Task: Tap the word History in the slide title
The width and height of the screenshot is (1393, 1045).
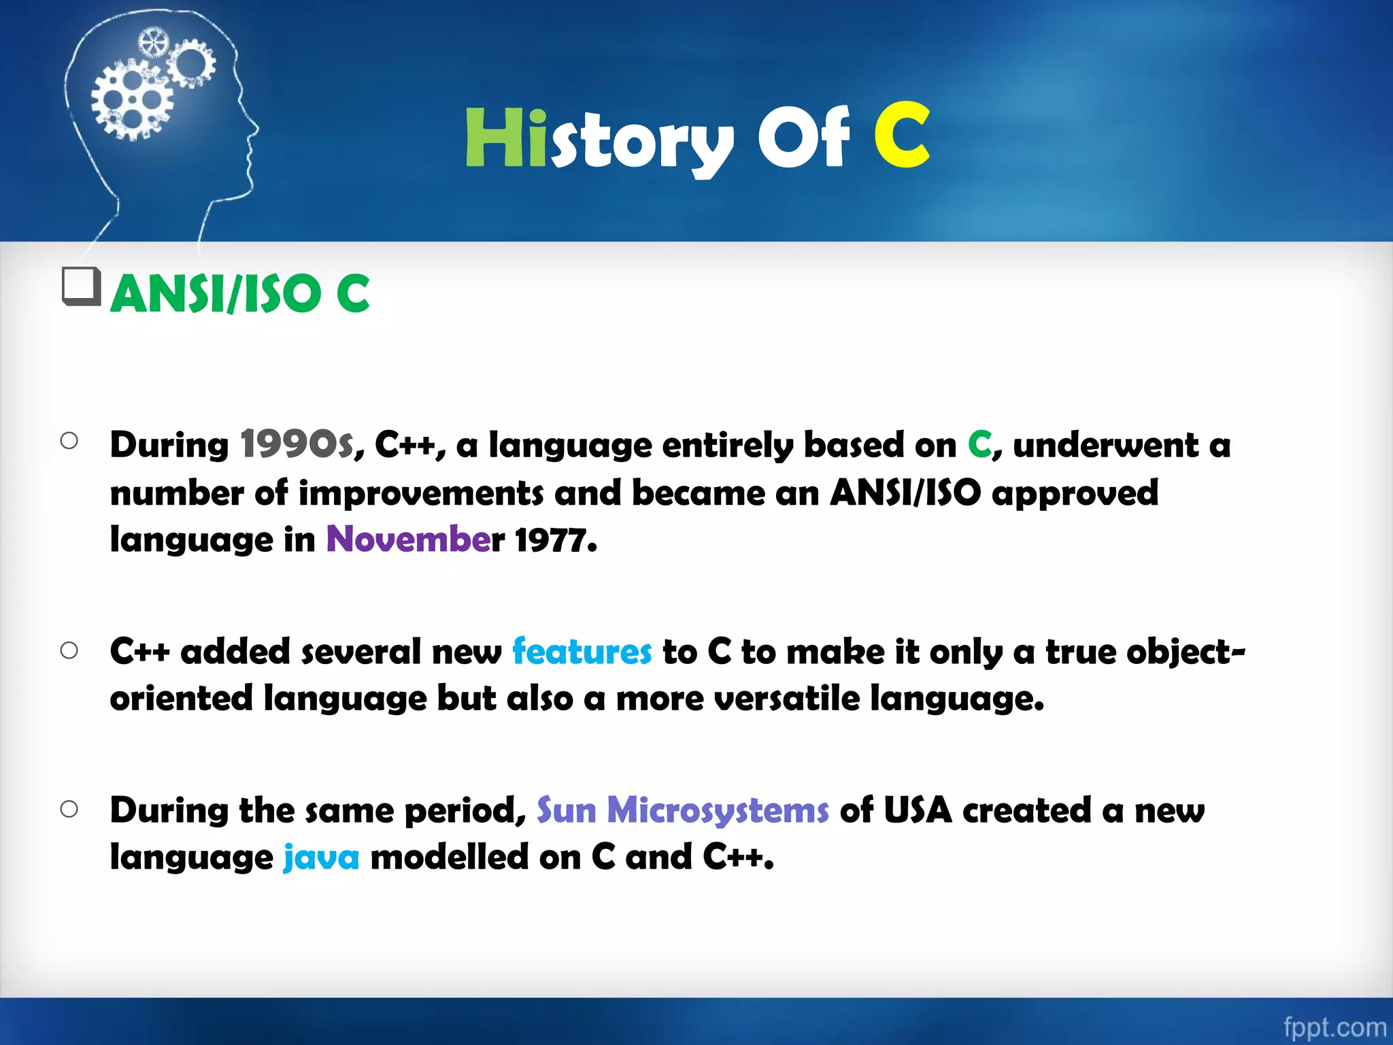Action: click(599, 139)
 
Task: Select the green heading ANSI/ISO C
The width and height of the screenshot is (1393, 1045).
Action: click(240, 294)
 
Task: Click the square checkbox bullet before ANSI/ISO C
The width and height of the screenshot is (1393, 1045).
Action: click(81, 286)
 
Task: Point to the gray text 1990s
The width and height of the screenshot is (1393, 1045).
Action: click(297, 445)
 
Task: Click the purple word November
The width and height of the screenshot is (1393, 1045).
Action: click(408, 540)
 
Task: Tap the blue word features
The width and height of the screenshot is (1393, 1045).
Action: click(582, 652)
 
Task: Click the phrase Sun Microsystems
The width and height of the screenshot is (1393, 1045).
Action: click(682, 810)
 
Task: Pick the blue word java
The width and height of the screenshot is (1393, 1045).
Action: click(321, 857)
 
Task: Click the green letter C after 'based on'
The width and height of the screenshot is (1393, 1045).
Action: click(979, 445)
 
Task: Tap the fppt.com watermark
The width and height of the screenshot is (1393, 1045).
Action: click(1334, 1026)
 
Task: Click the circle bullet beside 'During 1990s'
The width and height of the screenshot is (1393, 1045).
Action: click(69, 441)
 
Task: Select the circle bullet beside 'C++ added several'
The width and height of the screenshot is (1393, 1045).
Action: click(69, 650)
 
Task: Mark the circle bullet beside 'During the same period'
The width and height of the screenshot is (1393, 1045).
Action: click(69, 809)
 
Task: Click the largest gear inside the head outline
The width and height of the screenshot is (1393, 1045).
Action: click(132, 100)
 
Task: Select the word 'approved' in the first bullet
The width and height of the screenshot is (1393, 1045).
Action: click(1075, 494)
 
